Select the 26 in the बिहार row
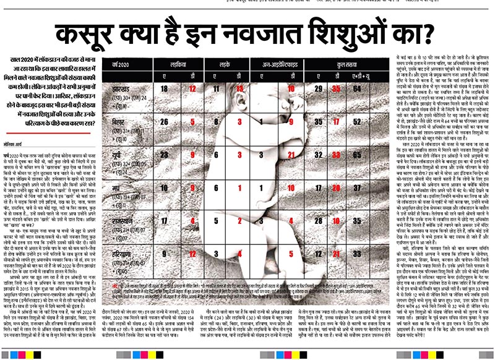pyautogui.click(x=164, y=122)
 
